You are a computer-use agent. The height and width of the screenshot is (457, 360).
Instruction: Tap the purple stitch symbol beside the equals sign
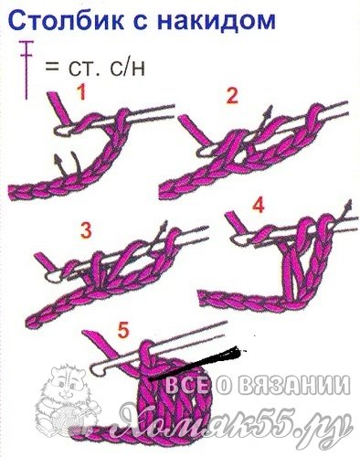[x=26, y=69]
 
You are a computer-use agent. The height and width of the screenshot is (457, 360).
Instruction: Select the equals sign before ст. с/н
[x=52, y=67]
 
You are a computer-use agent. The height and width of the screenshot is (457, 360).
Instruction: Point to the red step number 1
[x=81, y=92]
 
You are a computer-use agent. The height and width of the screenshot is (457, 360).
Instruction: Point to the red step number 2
[x=231, y=96]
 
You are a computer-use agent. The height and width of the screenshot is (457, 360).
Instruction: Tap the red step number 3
[x=86, y=230]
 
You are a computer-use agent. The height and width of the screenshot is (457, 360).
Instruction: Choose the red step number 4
[x=258, y=206]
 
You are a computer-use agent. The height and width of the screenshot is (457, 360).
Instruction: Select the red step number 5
[x=123, y=331]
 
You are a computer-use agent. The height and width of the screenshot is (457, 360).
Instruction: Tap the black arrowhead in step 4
[x=350, y=204]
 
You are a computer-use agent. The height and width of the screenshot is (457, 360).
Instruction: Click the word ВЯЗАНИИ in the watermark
[x=294, y=386]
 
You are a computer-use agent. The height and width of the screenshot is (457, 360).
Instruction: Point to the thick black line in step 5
[x=195, y=363]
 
